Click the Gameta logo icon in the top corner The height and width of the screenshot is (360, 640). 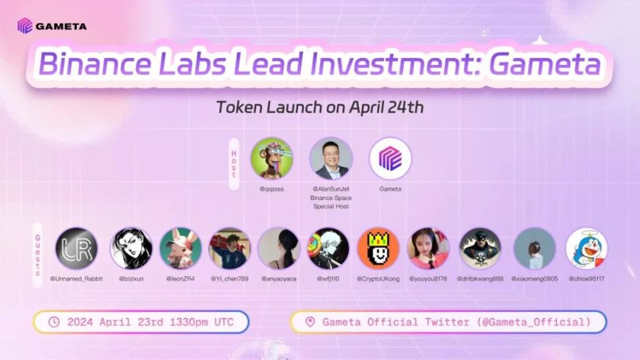pos(25,26)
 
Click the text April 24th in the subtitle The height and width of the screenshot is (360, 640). pos(387,107)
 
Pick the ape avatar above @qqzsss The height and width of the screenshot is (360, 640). pos(271,159)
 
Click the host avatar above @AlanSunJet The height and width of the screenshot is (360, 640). pos(331,159)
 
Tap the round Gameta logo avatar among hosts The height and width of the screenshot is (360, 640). pos(390,159)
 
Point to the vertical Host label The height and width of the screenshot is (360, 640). pos(234,164)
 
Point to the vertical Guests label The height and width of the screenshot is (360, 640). pos(38,255)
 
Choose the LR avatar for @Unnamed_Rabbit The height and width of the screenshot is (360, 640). pos(76,249)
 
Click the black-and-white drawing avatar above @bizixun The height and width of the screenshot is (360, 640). pos(131,249)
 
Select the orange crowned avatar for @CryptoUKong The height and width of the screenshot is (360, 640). pos(378,249)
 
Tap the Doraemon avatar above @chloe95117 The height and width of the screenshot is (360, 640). pos(587,249)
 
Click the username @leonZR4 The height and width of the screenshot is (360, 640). pos(180,279)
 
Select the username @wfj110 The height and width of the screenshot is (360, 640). pos(328,279)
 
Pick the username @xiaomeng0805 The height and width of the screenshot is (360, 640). pos(534,279)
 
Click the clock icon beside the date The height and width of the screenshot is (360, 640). pos(54,322)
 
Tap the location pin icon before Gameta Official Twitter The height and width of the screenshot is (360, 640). pos(310,322)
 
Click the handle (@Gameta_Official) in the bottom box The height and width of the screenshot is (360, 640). pos(534,322)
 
